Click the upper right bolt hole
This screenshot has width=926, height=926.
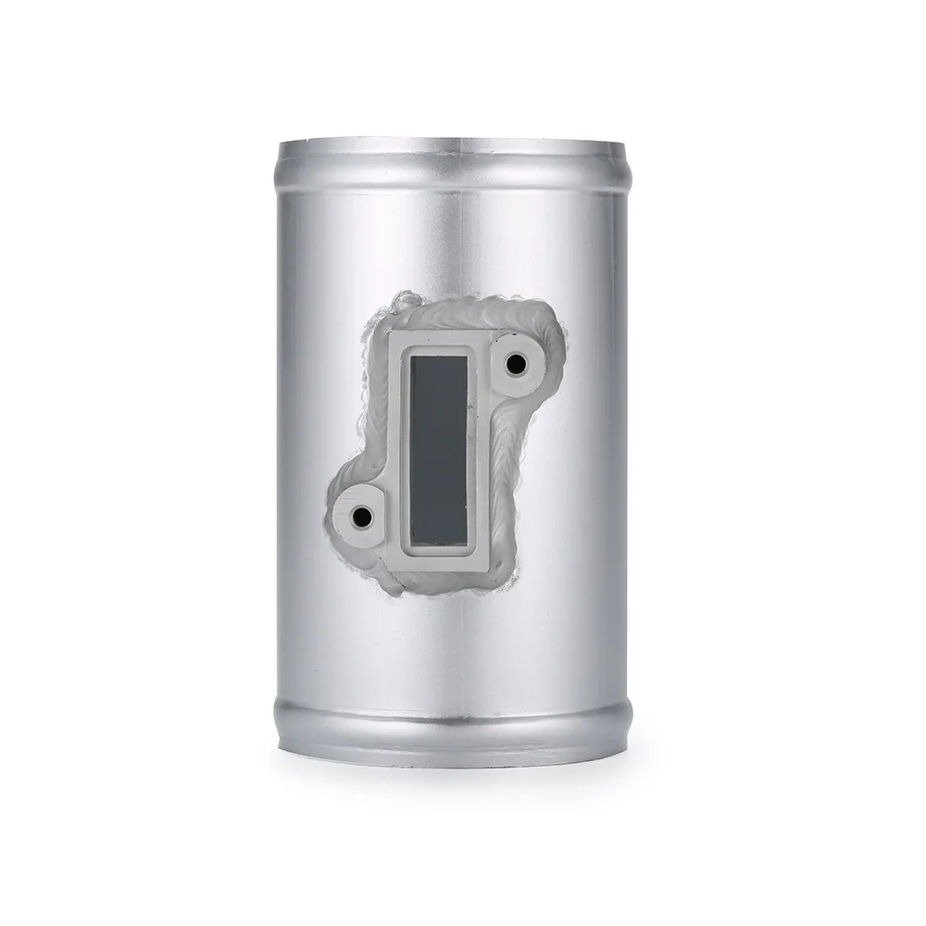click(516, 364)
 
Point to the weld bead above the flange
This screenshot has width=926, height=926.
click(454, 313)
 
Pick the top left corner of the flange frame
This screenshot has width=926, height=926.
click(392, 332)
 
